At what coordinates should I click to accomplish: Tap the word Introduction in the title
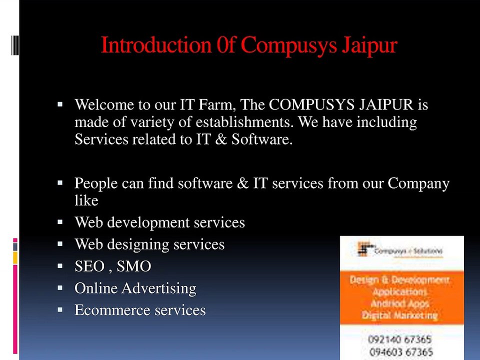156,45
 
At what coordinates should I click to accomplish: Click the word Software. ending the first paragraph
261,139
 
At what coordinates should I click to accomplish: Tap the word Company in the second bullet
418,184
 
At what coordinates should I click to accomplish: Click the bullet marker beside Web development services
60,221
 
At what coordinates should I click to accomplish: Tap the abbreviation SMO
133,266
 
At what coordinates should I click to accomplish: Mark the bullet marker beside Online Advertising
60,288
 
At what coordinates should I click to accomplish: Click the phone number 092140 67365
399,340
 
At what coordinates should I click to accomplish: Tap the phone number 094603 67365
399,351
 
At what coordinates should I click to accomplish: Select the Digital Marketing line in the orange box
399,315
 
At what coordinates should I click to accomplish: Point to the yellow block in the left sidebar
15,257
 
